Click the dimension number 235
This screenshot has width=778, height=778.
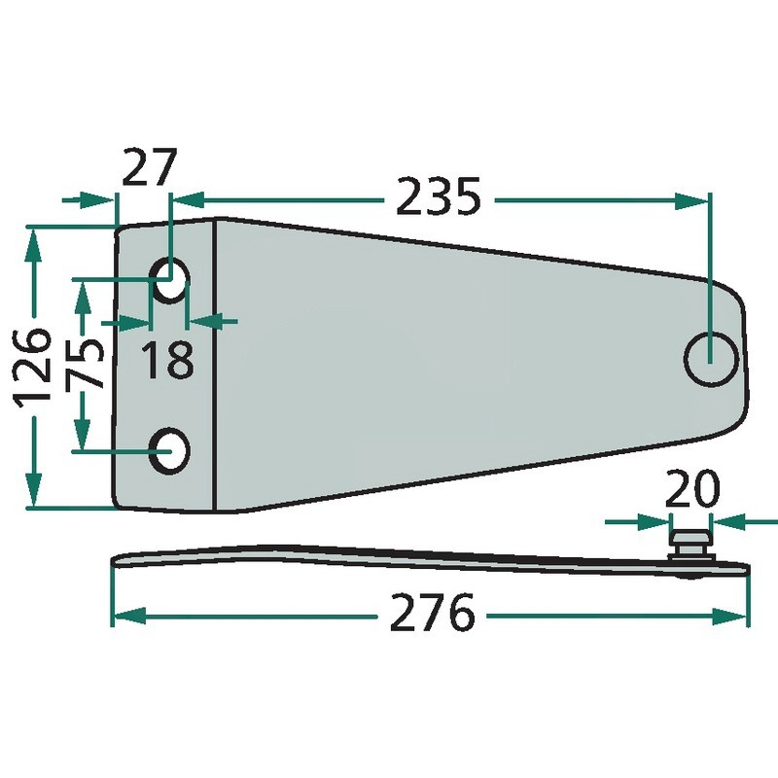pyautogui.click(x=439, y=196)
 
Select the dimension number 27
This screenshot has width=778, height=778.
pyautogui.click(x=150, y=166)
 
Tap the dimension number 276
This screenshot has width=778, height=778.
pyautogui.click(x=432, y=612)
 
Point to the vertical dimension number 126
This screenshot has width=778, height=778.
pyautogui.click(x=34, y=367)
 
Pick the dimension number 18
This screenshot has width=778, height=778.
pyautogui.click(x=167, y=360)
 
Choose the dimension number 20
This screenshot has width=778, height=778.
pyautogui.click(x=691, y=488)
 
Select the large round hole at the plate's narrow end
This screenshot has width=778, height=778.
pyautogui.click(x=712, y=359)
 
